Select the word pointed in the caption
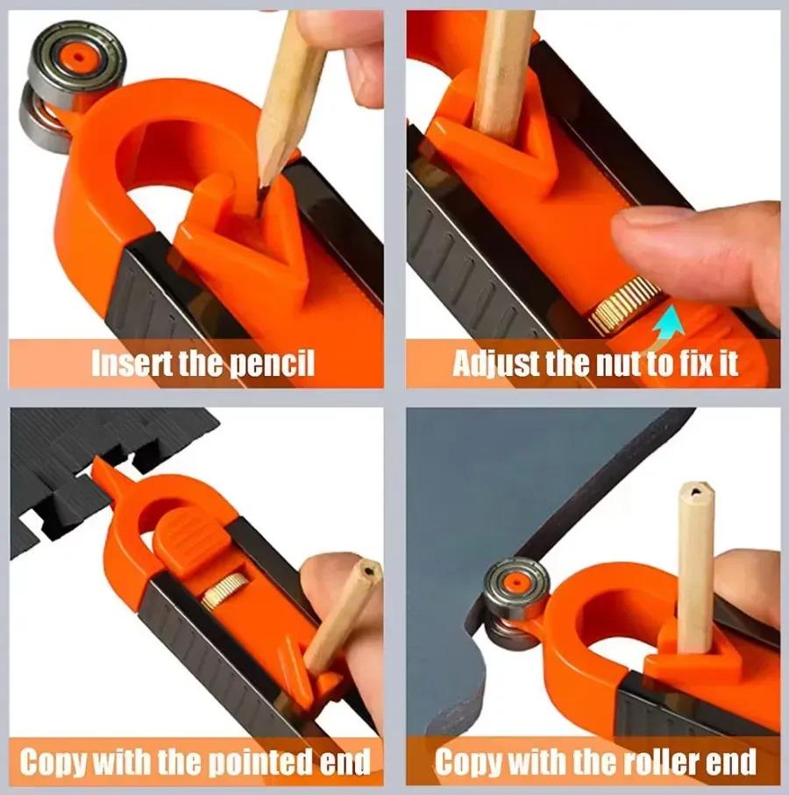tap(261, 761)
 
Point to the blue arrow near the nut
tap(667, 324)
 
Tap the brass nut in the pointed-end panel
tap(224, 591)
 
